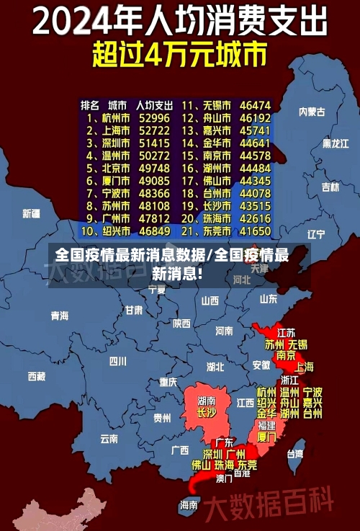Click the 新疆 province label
(32, 213)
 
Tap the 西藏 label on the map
(36, 376)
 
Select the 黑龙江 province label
(335, 143)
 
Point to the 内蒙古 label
(312, 112)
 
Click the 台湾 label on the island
(295, 454)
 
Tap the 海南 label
(189, 505)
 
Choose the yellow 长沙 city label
(207, 414)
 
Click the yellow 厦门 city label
(266, 437)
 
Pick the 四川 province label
(117, 361)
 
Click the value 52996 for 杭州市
(154, 117)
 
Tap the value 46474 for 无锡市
(256, 104)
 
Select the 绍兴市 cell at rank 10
(114, 231)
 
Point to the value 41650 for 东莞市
(256, 231)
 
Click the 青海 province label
(60, 316)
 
